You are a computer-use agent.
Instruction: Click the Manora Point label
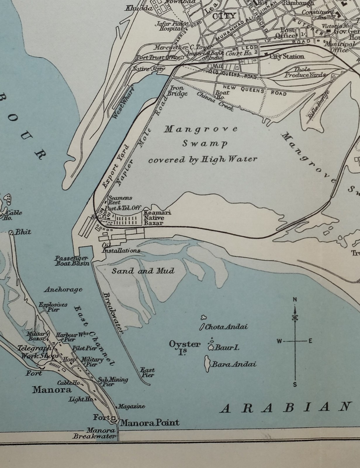[x=150, y=423]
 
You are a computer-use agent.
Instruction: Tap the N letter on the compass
[x=295, y=299]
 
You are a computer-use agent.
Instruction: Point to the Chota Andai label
[x=226, y=327]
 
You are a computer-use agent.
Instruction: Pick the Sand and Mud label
[x=143, y=271]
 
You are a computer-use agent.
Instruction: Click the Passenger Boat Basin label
[x=71, y=261]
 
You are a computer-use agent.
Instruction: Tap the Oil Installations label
[x=121, y=248]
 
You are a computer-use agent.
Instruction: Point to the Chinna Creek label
[x=215, y=101]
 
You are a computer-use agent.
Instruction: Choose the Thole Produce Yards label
[x=305, y=72]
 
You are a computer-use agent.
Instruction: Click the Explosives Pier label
[x=53, y=307]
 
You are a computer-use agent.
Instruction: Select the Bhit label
[x=23, y=232]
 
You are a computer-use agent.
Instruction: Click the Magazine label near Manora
[x=131, y=407]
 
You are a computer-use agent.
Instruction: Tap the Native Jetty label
[x=148, y=69]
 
